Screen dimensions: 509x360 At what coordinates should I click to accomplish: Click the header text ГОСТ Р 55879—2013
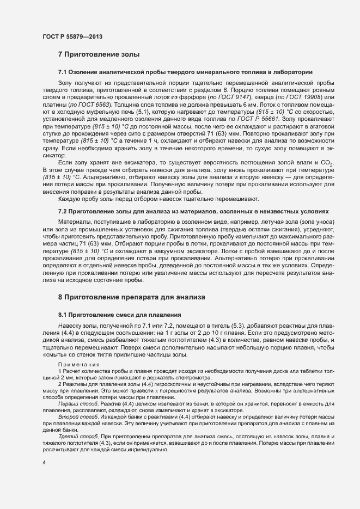point(71,37)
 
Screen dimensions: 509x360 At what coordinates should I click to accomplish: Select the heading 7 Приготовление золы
point(99,54)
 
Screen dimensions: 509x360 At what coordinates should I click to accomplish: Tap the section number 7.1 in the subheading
point(63,72)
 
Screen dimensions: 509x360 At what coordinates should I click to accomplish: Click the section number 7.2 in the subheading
point(63,211)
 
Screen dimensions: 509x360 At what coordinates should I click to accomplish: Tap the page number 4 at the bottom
point(44,463)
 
